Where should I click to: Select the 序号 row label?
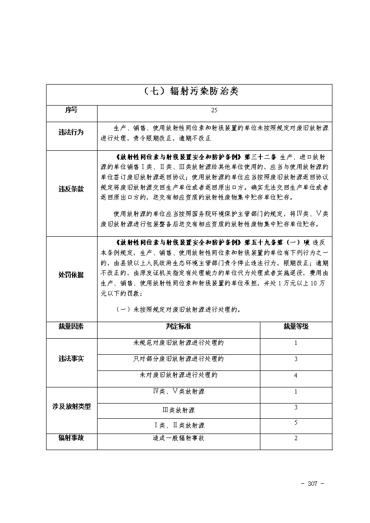point(71,110)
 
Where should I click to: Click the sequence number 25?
point(214,110)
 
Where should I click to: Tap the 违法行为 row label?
point(71,132)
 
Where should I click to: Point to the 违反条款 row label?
point(71,189)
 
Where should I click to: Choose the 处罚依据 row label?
point(71,275)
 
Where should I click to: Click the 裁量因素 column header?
point(71,327)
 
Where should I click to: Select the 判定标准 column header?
point(179,327)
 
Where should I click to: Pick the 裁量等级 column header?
point(296,327)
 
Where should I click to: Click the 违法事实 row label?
point(71,359)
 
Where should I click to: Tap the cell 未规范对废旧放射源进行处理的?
point(179,343)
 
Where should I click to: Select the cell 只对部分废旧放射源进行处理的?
point(179,359)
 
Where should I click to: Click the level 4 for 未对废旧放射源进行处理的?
point(296,376)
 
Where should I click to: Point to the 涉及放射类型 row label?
point(71,407)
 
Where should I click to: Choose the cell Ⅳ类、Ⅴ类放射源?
point(179,392)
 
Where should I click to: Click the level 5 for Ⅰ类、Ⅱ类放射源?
point(296,423)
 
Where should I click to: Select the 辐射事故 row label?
point(71,438)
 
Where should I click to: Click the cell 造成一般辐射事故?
point(179,438)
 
